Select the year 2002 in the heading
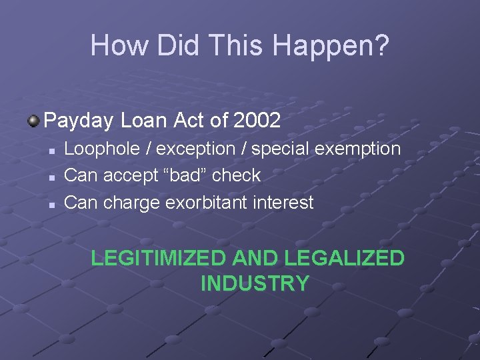tap(257, 121)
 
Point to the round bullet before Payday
tap(33, 120)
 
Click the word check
tap(239, 175)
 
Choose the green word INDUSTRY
tap(255, 283)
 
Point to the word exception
tap(195, 149)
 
